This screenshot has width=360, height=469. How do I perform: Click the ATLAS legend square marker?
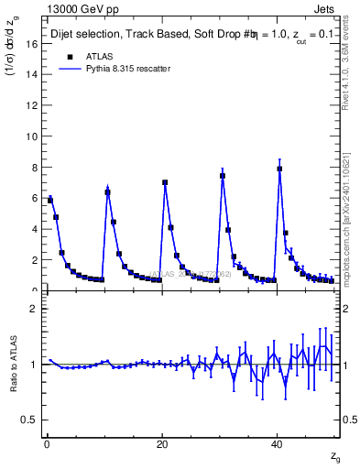click(70, 56)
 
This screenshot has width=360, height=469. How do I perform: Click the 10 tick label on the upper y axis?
click(31, 136)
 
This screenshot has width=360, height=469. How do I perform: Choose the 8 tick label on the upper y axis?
click(33, 168)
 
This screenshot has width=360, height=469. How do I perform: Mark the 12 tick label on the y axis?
click(31, 105)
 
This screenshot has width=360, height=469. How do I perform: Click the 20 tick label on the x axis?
click(162, 444)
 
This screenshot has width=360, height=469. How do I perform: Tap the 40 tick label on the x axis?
click(277, 444)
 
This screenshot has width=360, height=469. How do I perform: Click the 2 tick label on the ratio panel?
click(33, 309)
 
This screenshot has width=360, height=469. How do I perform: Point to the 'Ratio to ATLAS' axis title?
click(14, 364)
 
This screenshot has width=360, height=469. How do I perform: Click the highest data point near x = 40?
click(279, 169)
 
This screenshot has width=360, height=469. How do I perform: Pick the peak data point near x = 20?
click(165, 182)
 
